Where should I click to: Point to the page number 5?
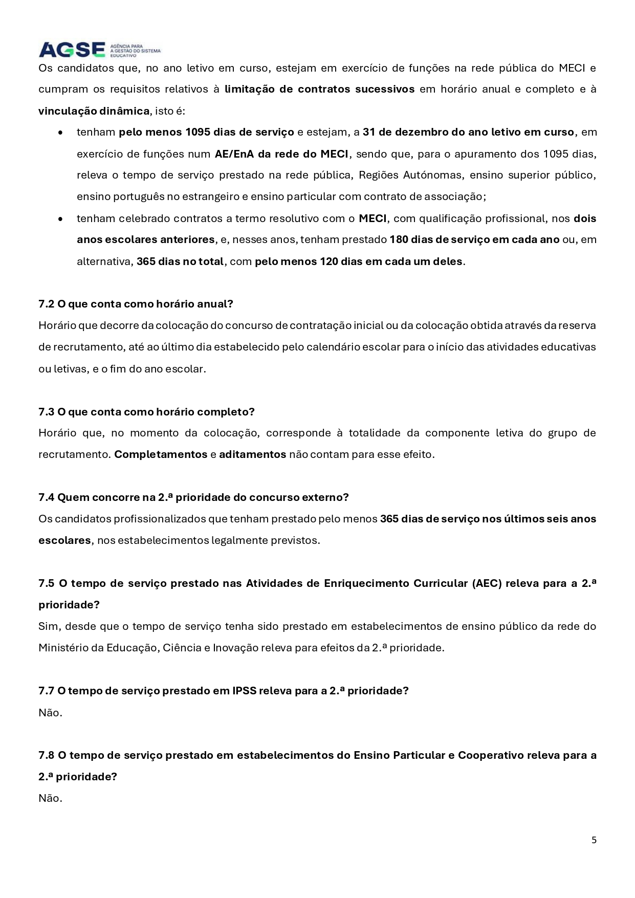(x=594, y=840)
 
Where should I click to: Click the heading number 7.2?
(x=46, y=304)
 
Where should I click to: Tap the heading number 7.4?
(x=46, y=497)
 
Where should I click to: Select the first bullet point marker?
(x=61, y=133)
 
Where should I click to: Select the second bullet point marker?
(x=61, y=219)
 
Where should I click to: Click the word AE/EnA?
(x=234, y=154)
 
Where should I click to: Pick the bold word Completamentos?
(x=161, y=454)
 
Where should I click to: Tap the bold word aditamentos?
(x=252, y=454)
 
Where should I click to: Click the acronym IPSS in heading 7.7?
(x=244, y=691)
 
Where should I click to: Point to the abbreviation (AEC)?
(x=487, y=583)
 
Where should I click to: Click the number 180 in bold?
(x=399, y=239)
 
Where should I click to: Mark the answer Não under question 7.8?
(x=50, y=798)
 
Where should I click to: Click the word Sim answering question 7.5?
(x=48, y=626)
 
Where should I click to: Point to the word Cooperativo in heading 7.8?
(x=490, y=755)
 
